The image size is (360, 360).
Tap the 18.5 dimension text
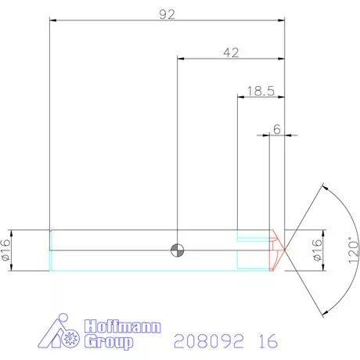[259, 90]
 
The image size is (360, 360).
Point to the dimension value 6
[277, 128]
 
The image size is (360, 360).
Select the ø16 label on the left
[6, 250]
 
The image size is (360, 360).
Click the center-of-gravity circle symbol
[178, 250]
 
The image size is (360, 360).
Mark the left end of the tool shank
[51, 250]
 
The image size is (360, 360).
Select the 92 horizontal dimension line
[167, 21]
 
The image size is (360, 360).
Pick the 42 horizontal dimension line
[231, 59]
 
